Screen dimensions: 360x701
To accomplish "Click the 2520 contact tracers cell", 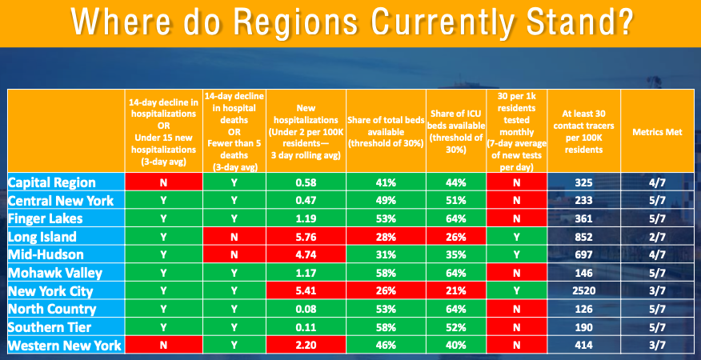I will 583,291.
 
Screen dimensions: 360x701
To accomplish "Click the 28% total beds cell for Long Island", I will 386,237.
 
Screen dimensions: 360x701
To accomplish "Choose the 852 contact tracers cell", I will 583,237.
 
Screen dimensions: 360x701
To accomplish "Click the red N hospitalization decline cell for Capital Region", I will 163,182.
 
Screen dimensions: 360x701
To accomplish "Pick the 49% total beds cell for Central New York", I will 386,201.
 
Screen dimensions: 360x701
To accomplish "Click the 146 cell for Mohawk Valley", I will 583,274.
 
